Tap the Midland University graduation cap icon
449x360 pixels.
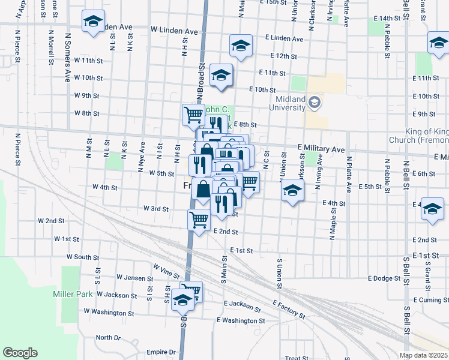click(314, 103)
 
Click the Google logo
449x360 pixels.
click(20, 353)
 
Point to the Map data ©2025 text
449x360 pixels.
click(423, 355)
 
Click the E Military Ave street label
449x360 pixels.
click(321, 148)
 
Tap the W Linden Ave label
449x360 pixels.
click(174, 30)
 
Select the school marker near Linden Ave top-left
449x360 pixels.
click(93, 22)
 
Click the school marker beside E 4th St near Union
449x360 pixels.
click(292, 191)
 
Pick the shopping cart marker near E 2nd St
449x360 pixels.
click(199, 219)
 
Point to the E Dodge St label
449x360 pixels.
click(384, 278)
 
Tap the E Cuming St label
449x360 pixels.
click(430, 299)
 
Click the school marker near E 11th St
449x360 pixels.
click(221, 75)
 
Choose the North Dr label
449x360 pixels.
click(108, 337)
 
